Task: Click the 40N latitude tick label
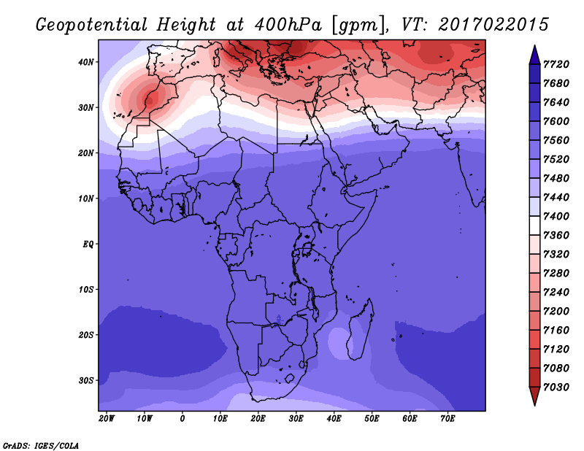tap(86, 62)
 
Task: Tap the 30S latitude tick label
tap(86, 381)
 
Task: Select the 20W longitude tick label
tap(107, 419)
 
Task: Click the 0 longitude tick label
tap(182, 419)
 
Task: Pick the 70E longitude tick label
tap(447, 419)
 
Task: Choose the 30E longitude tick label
tap(296, 419)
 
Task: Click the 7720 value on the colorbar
tap(556, 64)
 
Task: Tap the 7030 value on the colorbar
tap(556, 388)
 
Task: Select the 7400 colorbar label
tap(556, 216)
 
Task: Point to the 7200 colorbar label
tap(556, 312)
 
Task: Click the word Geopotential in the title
tap(92, 26)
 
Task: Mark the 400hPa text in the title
tap(288, 25)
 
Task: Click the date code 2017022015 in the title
tap(493, 25)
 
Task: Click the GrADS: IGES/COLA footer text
tap(41, 446)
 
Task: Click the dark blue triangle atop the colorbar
tap(534, 55)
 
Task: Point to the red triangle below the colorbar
tap(534, 396)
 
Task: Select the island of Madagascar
tap(361, 329)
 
